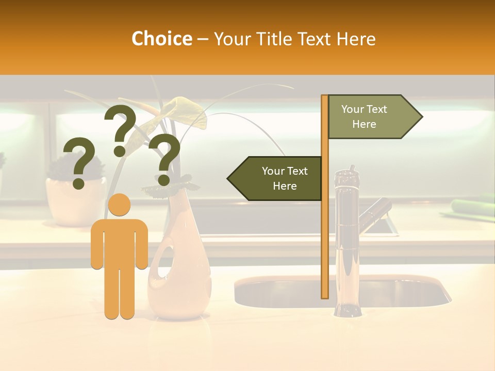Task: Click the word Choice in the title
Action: (x=161, y=39)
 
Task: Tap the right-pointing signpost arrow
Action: (x=371, y=117)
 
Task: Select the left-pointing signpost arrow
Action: (x=276, y=178)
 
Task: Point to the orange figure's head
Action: (x=119, y=205)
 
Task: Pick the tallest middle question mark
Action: (x=120, y=129)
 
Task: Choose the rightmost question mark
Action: (x=165, y=159)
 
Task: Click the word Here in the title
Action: (x=356, y=39)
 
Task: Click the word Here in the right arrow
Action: (x=364, y=124)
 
